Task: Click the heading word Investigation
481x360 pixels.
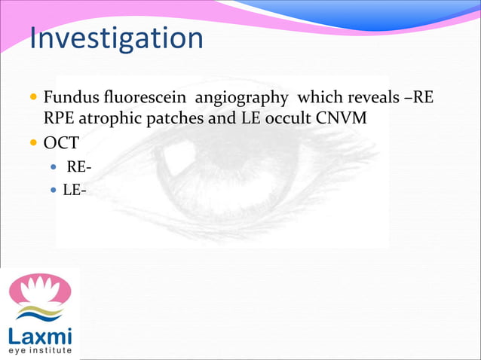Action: (116, 38)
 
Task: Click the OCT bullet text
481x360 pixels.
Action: (61, 143)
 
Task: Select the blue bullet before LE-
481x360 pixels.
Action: (53, 191)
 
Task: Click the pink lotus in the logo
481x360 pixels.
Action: (39, 291)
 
